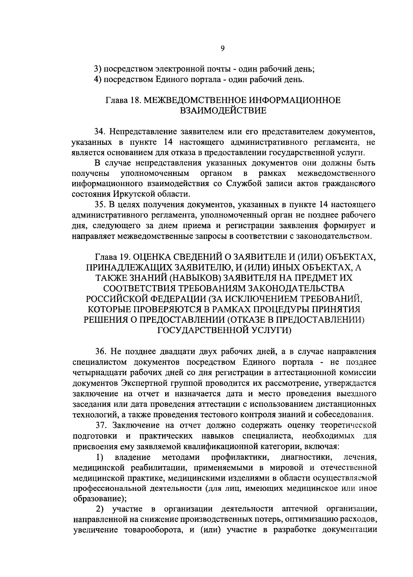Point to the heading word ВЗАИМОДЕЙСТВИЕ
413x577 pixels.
(x=223, y=111)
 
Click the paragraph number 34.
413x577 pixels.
(x=100, y=132)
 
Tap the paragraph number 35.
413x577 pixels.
(x=100, y=205)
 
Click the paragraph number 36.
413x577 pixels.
(x=100, y=352)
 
